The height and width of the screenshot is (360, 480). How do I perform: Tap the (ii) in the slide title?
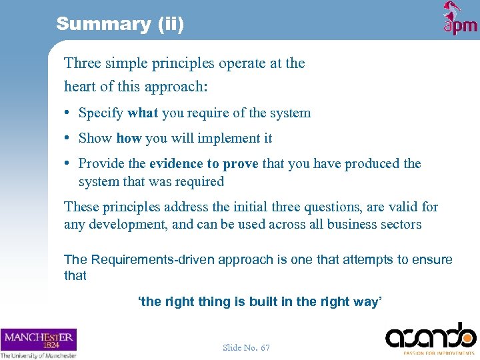[171, 24]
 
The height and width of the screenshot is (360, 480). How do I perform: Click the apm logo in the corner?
[460, 19]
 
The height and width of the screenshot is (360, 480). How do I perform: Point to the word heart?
[80, 87]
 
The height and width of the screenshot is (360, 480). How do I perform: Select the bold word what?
[143, 113]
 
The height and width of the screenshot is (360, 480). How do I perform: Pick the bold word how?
[129, 138]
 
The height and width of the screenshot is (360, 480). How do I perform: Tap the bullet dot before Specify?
[69, 113]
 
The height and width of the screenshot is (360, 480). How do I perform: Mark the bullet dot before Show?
[69, 138]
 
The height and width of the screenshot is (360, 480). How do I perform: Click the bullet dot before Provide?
[69, 163]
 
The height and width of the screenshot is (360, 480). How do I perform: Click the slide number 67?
[265, 347]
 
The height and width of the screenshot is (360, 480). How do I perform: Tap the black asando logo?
[430, 337]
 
